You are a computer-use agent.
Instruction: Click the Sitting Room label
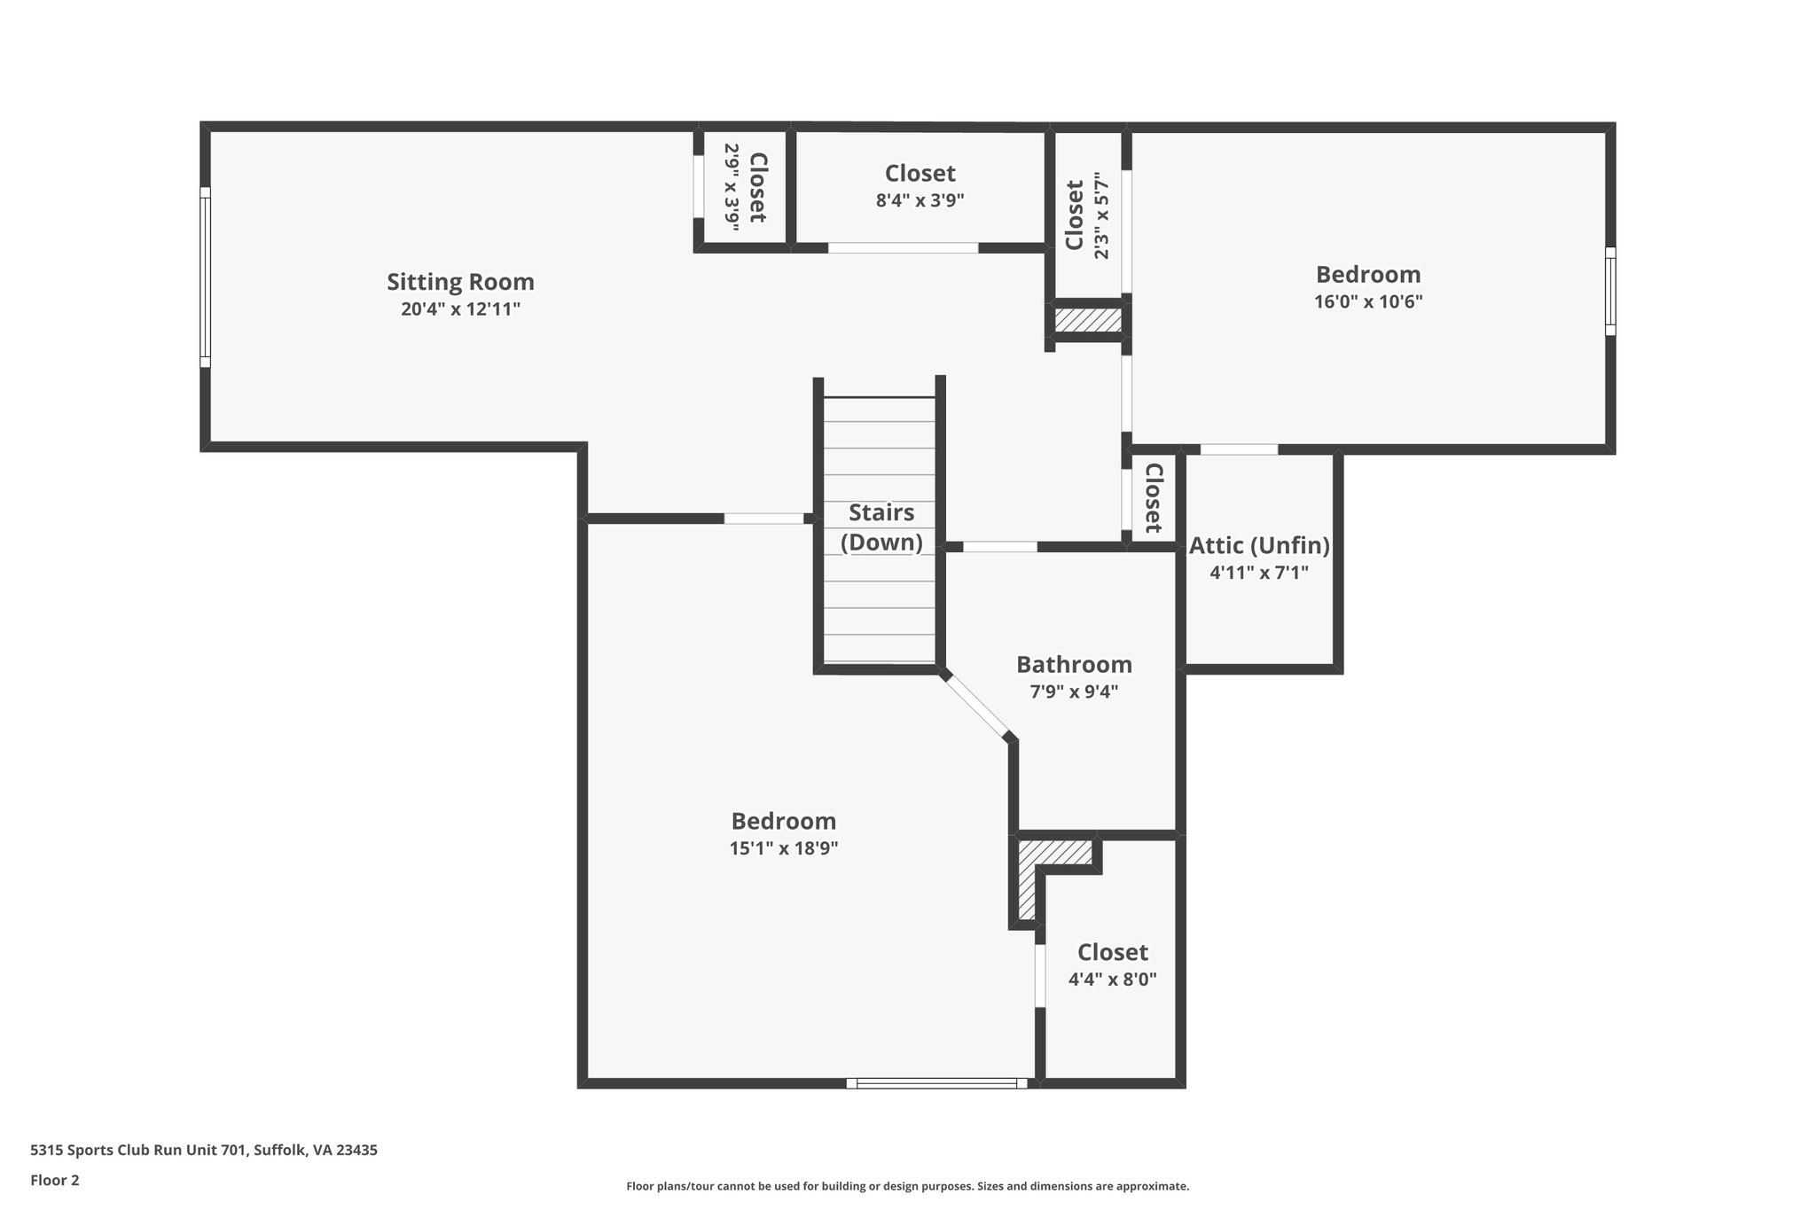(x=460, y=282)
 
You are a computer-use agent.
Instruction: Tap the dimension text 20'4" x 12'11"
(x=460, y=309)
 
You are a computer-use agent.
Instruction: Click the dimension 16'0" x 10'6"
(x=1367, y=301)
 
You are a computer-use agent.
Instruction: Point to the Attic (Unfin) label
(x=1259, y=545)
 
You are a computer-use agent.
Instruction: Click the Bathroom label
(x=1074, y=664)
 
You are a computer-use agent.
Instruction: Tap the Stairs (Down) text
(x=881, y=527)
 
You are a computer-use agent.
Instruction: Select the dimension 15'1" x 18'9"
(x=783, y=848)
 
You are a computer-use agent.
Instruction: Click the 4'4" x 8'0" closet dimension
(x=1112, y=980)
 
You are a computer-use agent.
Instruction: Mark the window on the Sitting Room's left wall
(x=206, y=277)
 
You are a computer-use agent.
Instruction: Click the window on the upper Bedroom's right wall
(x=1610, y=291)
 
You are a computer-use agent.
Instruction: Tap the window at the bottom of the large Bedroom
(x=936, y=1082)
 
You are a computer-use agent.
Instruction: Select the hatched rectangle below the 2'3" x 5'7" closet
(x=1088, y=320)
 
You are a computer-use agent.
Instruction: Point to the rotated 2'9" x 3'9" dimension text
(x=732, y=188)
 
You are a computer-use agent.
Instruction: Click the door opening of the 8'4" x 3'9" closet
(x=903, y=247)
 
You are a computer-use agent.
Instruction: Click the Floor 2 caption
(x=55, y=1180)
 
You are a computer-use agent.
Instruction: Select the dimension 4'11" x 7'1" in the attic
(x=1259, y=573)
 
